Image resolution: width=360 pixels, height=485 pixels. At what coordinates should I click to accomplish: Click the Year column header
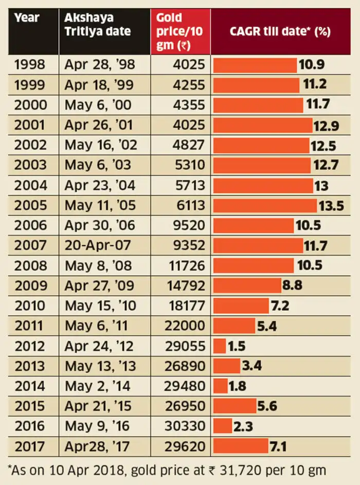(x=27, y=17)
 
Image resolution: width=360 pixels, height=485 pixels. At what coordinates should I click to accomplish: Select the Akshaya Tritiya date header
(x=97, y=24)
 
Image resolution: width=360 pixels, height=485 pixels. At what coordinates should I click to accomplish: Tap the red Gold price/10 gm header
(x=180, y=31)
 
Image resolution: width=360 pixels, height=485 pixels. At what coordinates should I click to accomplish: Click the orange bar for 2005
(x=265, y=206)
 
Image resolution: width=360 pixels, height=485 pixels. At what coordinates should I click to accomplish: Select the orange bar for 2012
(x=220, y=346)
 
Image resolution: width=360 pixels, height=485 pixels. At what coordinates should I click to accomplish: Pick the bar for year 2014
(x=221, y=386)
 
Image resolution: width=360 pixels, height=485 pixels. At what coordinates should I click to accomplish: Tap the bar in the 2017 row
(x=241, y=446)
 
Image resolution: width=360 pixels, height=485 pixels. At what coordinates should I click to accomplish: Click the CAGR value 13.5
(x=331, y=206)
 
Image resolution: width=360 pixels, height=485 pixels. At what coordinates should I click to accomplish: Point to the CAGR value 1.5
(x=237, y=346)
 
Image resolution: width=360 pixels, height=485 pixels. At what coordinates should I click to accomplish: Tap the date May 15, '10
(x=100, y=306)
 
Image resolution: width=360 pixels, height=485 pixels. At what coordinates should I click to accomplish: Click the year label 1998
(x=30, y=65)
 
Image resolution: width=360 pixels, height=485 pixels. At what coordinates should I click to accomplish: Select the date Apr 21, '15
(x=98, y=406)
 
